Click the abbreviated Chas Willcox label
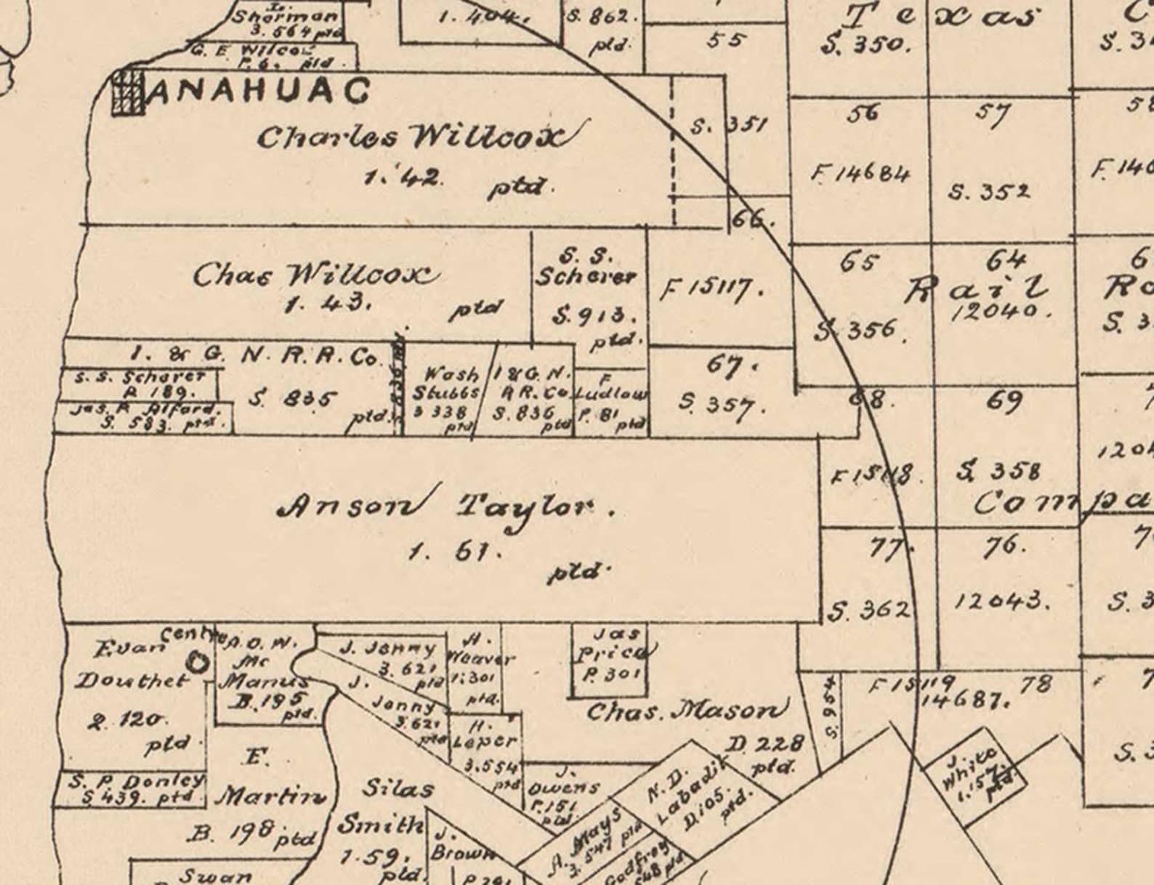point(316,275)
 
